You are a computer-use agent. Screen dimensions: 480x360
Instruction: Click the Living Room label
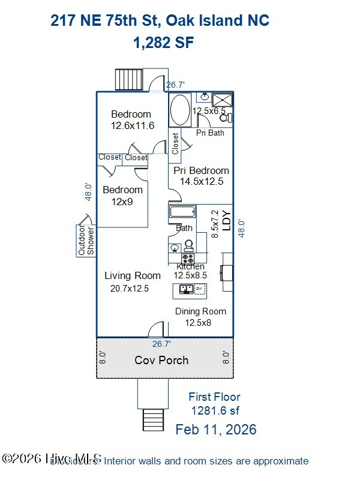point(133,275)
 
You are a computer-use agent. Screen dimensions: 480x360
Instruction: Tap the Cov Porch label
point(161,360)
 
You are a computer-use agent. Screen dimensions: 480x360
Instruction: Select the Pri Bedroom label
point(201,170)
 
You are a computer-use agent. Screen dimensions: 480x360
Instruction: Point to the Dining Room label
point(200,311)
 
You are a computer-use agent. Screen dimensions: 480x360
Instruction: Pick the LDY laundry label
point(226,220)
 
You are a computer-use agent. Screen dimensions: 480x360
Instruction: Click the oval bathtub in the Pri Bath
point(179,110)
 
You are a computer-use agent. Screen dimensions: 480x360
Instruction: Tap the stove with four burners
point(188,259)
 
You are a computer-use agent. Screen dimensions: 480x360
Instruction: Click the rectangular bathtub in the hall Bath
point(182,212)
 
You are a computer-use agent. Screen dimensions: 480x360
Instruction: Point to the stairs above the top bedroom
point(130,79)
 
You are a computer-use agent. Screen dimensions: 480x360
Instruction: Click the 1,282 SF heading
point(163,43)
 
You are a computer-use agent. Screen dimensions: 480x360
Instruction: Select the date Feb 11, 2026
point(215,430)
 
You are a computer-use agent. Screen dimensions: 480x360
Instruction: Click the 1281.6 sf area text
point(215,410)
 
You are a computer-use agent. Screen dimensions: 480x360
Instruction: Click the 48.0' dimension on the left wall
point(88,192)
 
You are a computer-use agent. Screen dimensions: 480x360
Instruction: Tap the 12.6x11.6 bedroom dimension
point(132,126)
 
